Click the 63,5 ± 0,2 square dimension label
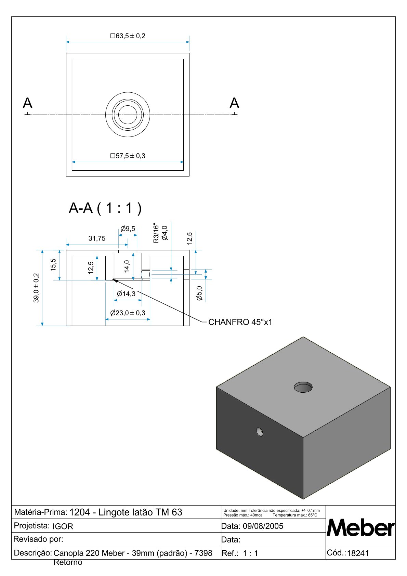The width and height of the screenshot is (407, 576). point(128,36)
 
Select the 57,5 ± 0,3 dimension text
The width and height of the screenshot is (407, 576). point(128,156)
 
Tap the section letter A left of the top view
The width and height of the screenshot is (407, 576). point(27,103)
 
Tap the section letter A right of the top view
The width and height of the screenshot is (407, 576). point(234,103)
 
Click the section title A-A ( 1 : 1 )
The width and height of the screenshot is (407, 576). point(105,208)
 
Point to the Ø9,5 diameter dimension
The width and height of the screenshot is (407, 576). point(128,229)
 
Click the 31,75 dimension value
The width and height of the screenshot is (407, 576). point(97,238)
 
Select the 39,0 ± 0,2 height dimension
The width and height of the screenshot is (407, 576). point(36,288)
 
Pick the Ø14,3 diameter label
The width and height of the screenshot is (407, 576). point(126,294)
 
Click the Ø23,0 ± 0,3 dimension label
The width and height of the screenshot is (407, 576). point(128,313)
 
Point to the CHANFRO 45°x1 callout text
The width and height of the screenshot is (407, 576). point(240,322)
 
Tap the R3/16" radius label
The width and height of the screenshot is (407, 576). point(156,233)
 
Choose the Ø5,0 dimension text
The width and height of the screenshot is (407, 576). point(199,293)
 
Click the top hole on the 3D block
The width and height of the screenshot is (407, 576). point(303,387)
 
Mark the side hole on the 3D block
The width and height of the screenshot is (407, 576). point(260,432)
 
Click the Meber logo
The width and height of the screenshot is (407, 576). point(360,528)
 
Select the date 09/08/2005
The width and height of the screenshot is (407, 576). point(263,526)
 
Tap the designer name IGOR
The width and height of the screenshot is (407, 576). point(63,526)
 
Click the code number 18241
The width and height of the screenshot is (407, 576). point(358,553)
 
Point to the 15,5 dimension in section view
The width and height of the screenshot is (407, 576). point(53,265)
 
